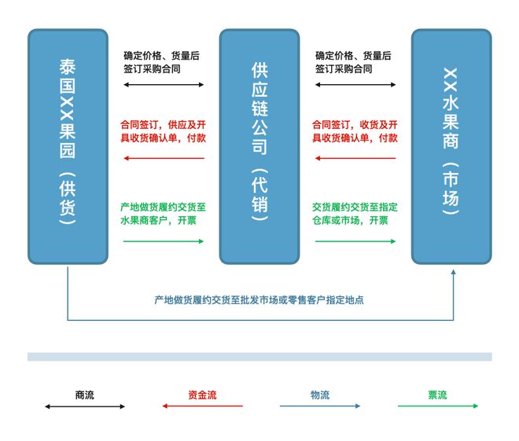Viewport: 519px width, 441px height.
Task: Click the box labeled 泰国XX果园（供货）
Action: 68,146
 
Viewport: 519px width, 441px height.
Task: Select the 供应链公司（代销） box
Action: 259,146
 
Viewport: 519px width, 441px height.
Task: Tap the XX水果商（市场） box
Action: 451,146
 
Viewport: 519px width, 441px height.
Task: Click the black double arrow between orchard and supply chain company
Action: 164,85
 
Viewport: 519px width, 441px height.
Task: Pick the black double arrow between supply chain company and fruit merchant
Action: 355,85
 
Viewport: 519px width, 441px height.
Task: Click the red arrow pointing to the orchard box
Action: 164,158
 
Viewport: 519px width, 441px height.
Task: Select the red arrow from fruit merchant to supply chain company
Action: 355,158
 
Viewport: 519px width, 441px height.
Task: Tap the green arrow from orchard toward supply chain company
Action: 164,241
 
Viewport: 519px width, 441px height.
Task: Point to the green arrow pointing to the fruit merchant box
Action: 355,241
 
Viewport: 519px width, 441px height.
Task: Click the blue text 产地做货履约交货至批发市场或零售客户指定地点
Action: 259,300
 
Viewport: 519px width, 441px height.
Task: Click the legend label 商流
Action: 85,395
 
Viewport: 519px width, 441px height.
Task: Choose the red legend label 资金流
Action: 202,395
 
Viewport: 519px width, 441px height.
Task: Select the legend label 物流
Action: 320,395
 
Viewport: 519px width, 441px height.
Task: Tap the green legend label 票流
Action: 437,395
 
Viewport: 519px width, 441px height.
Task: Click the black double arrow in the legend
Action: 85,406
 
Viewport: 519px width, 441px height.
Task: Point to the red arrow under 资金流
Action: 202,406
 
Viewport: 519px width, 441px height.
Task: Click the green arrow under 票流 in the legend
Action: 438,406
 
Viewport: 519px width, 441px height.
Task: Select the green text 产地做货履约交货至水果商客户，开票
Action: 164,214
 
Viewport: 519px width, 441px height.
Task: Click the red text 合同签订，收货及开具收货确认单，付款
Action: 355,131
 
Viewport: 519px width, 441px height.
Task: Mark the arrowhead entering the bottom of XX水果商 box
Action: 454,272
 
